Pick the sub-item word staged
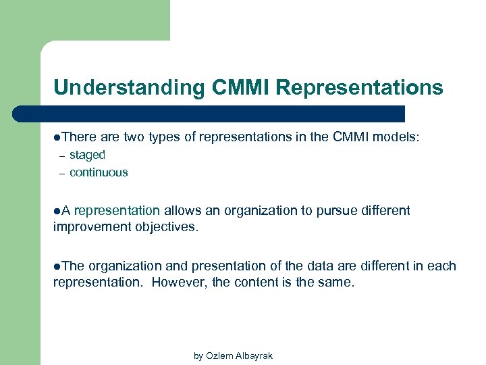88,155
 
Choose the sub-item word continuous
99,172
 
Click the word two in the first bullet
134,137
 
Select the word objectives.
166,227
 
